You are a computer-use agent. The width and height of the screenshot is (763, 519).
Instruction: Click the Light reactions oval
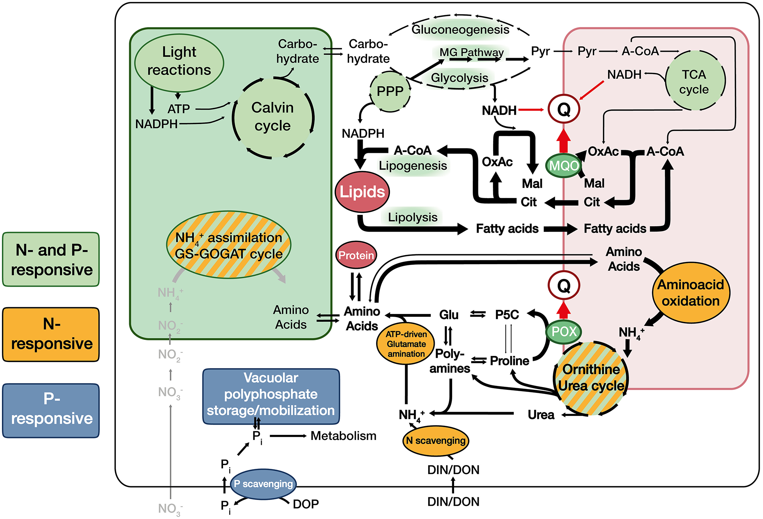179,62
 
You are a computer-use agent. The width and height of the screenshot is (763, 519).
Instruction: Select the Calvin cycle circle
273,117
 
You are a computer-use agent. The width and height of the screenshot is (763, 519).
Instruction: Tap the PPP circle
390,91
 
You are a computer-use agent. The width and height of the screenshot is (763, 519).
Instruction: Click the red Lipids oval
362,192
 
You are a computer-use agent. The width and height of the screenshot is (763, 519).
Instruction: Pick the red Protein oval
356,255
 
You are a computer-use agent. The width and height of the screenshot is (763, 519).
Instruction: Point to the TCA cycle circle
695,81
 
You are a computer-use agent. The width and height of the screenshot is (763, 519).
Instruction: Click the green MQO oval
564,165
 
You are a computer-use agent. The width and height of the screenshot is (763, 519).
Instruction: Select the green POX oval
564,332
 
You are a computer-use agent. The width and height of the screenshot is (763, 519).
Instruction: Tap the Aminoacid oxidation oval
691,293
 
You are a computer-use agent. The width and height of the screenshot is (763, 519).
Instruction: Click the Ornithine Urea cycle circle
591,378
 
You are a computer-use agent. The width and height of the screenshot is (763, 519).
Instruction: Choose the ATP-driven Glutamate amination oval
406,344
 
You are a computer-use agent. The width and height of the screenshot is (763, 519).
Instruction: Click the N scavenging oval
435,441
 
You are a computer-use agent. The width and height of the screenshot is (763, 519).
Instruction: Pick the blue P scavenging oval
263,484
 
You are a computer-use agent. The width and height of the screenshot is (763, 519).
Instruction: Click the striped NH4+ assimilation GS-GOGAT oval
229,245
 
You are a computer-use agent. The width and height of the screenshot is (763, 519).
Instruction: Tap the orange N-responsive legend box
51,334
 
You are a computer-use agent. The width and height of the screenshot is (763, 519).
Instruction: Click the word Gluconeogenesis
460,29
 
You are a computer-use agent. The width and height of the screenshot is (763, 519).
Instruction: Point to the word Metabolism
343,436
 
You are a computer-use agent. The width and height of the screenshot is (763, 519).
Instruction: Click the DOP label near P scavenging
306,504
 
